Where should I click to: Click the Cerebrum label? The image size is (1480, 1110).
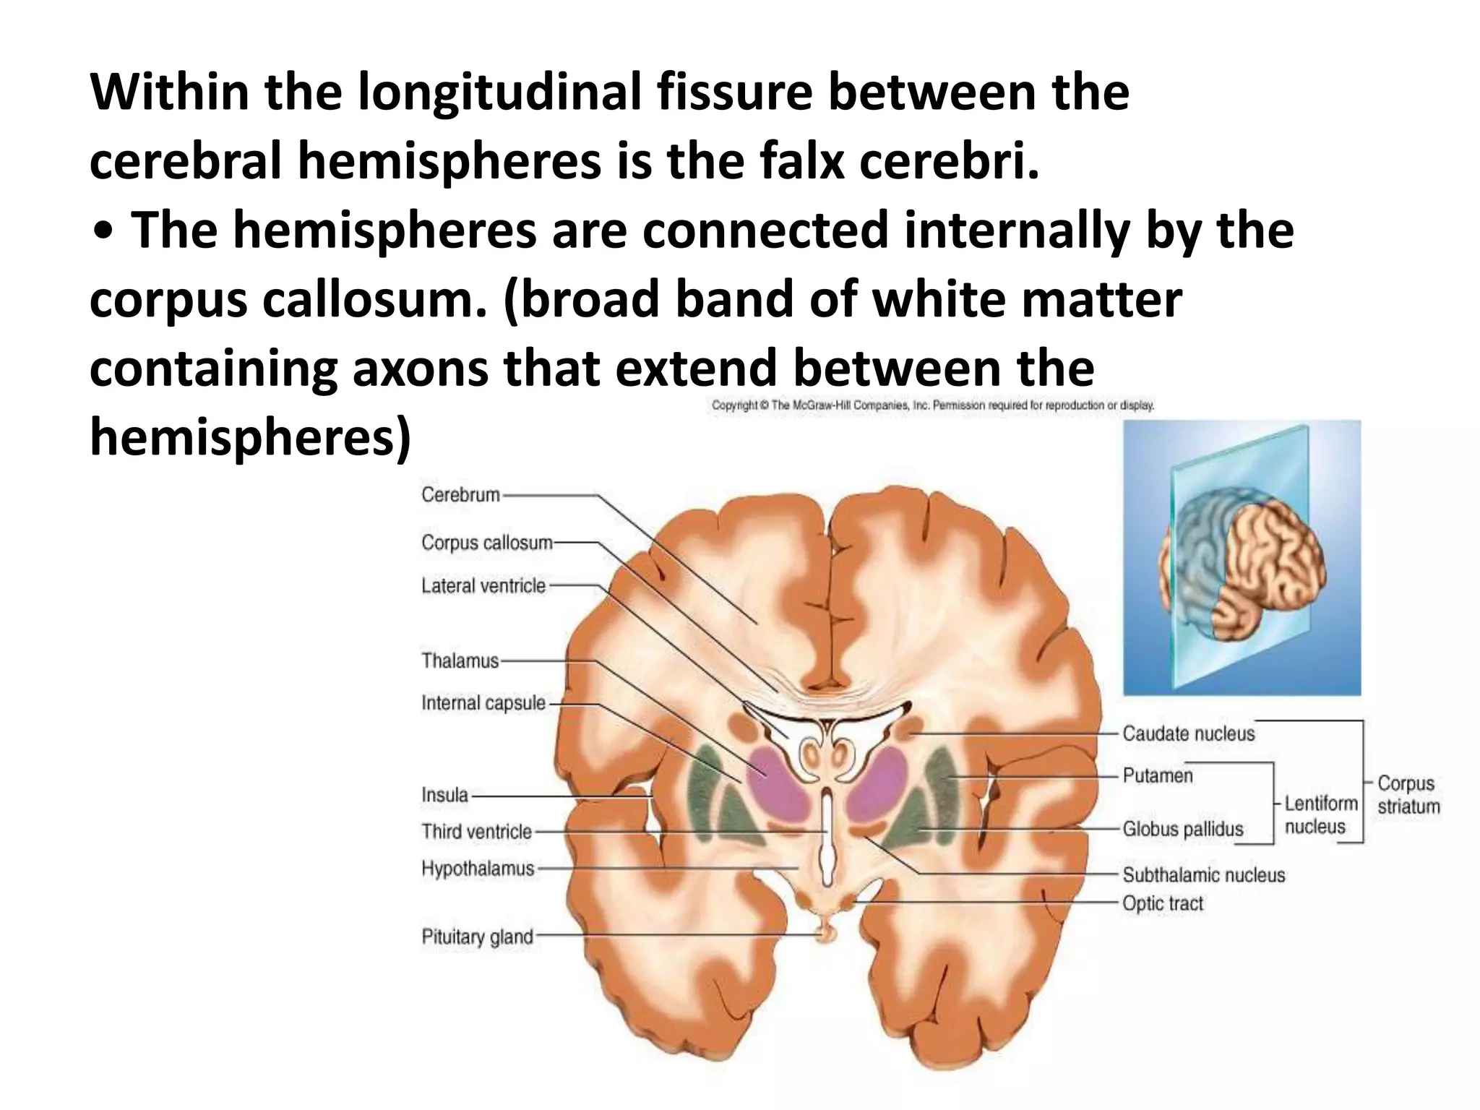pyautogui.click(x=460, y=495)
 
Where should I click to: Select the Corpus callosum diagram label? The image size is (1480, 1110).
pyautogui.click(x=487, y=543)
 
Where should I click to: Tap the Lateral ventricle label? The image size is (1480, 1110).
pyautogui.click(x=483, y=585)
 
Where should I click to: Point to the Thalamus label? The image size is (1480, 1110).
pyautogui.click(x=460, y=661)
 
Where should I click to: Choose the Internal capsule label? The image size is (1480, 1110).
pyautogui.click(x=483, y=703)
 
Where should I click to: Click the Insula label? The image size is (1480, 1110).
pyautogui.click(x=445, y=796)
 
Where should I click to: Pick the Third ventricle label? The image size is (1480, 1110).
pyautogui.click(x=477, y=832)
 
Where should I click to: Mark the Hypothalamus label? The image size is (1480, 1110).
pyautogui.click(x=478, y=869)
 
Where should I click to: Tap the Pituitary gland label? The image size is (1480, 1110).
pyautogui.click(x=478, y=937)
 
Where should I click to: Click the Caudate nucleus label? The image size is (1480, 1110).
pyautogui.click(x=1188, y=734)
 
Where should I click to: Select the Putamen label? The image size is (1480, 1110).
pyautogui.click(x=1158, y=776)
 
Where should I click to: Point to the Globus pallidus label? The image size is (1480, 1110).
pyautogui.click(x=1183, y=830)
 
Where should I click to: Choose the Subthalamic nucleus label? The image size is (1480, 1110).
pyautogui.click(x=1204, y=875)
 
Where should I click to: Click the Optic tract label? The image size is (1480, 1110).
pyautogui.click(x=1163, y=903)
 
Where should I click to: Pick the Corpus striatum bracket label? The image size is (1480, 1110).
pyautogui.click(x=1408, y=795)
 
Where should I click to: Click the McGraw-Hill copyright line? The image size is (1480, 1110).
pyautogui.click(x=932, y=405)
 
